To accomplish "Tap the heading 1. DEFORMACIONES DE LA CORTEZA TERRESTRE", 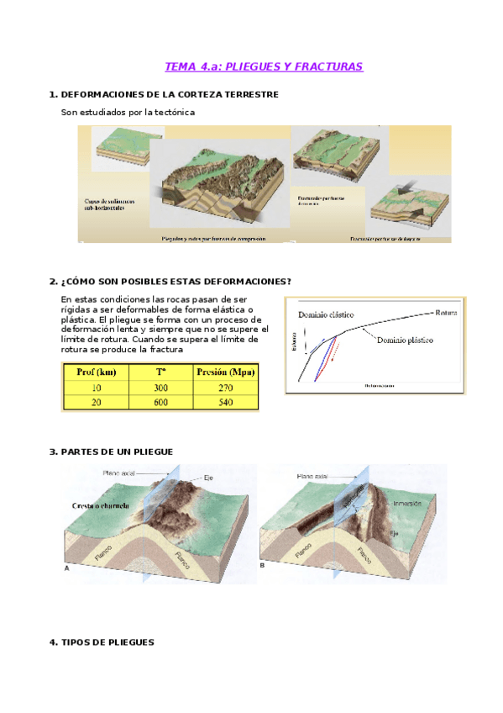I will pos(164,94).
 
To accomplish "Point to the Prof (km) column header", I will pos(96,372).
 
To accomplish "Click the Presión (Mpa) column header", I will pos(224,372).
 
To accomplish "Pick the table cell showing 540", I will pos(224,403).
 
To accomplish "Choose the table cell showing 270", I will pos(224,388).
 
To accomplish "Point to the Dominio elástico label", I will pos(324,315).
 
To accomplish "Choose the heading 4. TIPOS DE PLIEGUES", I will pos(102,642).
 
